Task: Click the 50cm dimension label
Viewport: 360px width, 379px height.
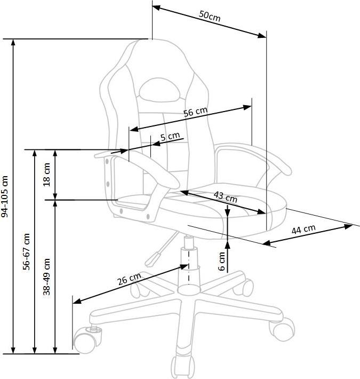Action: click(x=210, y=16)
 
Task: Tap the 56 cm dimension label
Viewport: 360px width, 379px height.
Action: click(x=195, y=112)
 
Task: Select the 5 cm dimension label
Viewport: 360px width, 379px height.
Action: click(x=170, y=137)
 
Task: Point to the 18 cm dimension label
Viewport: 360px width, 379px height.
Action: click(x=46, y=174)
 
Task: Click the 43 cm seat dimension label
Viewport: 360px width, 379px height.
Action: click(x=225, y=197)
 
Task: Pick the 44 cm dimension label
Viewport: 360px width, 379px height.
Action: click(x=303, y=229)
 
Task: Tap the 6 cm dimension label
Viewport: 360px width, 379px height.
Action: click(x=221, y=261)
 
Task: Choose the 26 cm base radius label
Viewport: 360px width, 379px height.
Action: click(x=129, y=279)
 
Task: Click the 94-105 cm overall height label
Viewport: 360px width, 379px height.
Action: click(x=5, y=197)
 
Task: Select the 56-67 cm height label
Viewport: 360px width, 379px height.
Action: click(x=26, y=251)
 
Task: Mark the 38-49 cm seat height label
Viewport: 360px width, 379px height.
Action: click(x=46, y=277)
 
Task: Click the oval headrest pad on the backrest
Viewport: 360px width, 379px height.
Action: click(x=159, y=90)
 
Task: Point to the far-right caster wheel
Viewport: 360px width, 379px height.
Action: click(x=283, y=329)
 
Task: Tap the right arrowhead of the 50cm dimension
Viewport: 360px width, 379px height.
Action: click(x=262, y=36)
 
